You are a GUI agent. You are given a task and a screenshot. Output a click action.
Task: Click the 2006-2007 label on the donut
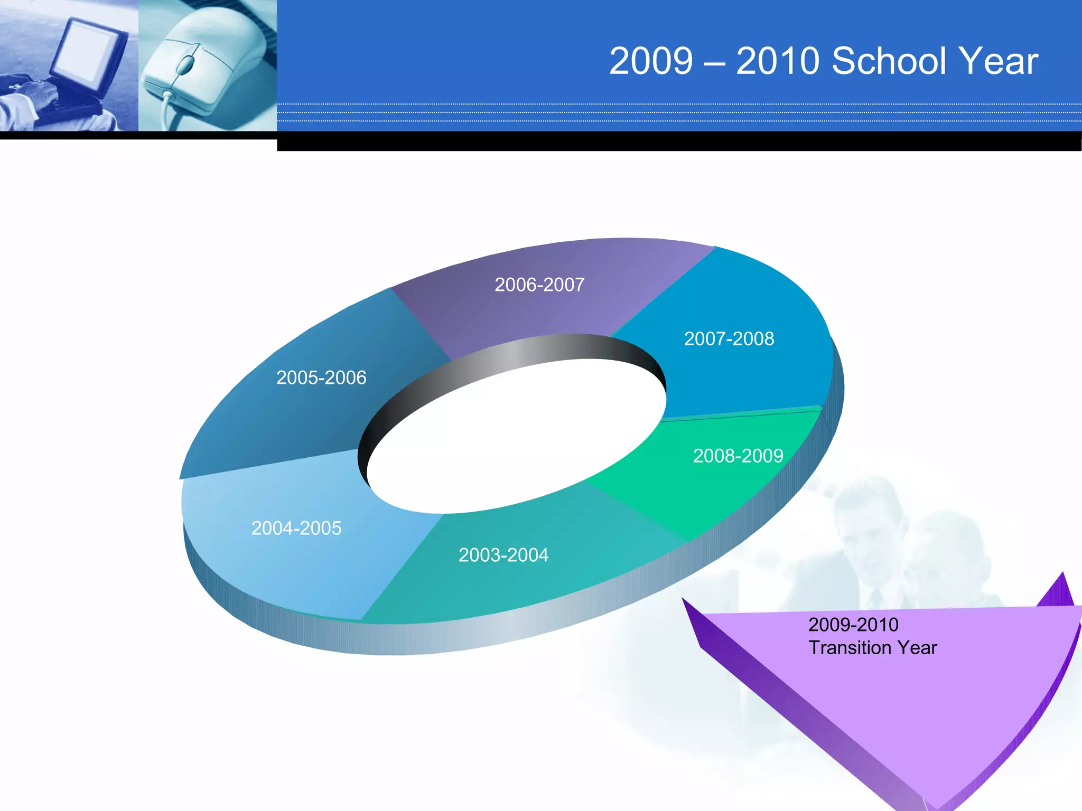click(539, 285)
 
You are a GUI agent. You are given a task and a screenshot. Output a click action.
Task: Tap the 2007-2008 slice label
click(729, 339)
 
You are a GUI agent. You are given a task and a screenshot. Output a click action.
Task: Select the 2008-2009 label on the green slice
click(738, 456)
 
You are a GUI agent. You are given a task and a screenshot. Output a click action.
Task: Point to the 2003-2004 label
click(503, 555)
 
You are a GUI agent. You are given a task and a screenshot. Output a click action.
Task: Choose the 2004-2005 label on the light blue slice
click(296, 529)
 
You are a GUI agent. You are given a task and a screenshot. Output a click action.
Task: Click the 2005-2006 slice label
click(321, 378)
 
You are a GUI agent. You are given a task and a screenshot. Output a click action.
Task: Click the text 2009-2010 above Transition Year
click(853, 625)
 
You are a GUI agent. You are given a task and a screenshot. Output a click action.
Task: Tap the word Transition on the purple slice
click(849, 648)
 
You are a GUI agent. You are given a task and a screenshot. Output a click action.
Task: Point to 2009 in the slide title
click(651, 61)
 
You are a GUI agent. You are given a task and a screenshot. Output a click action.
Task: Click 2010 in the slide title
click(778, 61)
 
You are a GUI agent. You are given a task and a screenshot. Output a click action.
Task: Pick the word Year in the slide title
click(999, 61)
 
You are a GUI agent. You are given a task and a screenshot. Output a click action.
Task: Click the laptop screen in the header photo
click(87, 50)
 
